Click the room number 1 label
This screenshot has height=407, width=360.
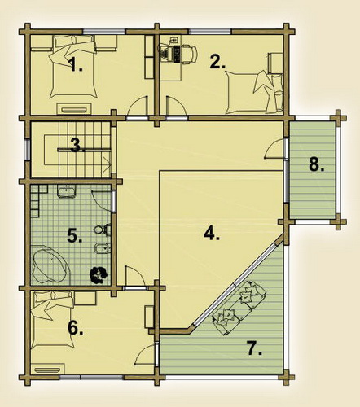[x=76, y=64]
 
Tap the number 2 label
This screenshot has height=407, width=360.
[x=217, y=62]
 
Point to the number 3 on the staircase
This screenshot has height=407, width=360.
[x=77, y=145]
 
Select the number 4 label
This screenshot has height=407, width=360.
[x=212, y=234]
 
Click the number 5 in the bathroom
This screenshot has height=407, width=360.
[x=75, y=235]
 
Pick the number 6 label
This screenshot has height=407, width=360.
[x=76, y=328]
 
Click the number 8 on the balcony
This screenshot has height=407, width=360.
[x=317, y=164]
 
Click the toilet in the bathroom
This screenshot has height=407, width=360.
[x=102, y=230]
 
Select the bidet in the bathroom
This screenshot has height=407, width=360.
[x=103, y=247]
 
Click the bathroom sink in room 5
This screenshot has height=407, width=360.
[x=67, y=191]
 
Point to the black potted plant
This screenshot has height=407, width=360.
[x=99, y=275]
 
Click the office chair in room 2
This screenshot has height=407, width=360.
[x=189, y=55]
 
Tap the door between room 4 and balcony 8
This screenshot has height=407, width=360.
[x=274, y=149]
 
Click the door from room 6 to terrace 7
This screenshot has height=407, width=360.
[x=145, y=353]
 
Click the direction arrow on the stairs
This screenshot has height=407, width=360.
[x=108, y=164]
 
